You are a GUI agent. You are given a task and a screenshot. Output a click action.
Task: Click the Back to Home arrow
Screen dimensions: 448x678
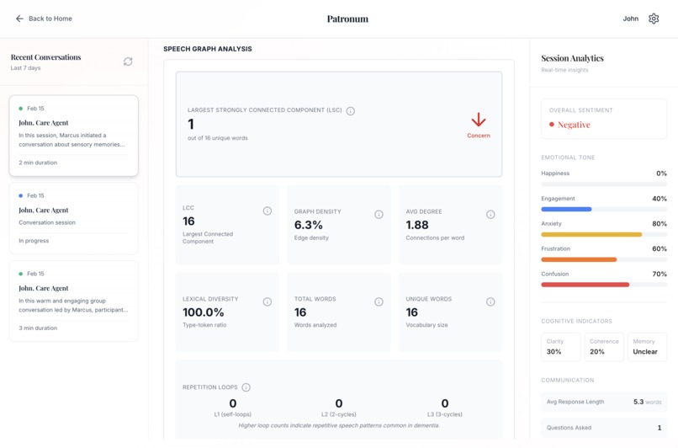pos(19,19)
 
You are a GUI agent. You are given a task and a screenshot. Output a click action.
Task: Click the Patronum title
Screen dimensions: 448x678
pos(347,19)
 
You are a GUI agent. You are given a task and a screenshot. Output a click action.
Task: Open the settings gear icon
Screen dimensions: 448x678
pos(654,19)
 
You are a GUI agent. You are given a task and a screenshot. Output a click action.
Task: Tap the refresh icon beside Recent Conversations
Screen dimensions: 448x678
pos(128,61)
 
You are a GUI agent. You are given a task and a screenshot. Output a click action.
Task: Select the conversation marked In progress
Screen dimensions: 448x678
pos(73,218)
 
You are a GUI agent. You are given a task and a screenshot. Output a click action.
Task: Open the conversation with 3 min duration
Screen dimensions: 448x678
pos(73,301)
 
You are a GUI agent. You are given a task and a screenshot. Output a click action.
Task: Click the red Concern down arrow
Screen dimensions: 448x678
pos(478,120)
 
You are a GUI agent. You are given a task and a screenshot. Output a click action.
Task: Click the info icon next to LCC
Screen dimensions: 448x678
pos(267,211)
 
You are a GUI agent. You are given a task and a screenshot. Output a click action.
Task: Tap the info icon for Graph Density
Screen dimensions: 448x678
pos(379,215)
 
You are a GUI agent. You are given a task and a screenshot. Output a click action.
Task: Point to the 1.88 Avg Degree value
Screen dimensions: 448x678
pos(417,225)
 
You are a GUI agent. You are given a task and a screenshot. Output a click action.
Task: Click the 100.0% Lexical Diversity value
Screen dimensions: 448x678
pos(204,312)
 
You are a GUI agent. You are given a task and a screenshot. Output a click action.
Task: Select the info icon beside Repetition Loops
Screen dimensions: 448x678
pos(246,387)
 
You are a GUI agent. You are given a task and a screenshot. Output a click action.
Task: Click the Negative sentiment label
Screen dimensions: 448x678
pos(574,125)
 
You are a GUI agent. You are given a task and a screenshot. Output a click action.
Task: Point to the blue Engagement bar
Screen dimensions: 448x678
pos(566,209)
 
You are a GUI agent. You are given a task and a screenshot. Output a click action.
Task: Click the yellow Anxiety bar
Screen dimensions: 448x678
pos(591,234)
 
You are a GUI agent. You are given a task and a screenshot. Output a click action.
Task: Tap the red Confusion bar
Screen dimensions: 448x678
pos(585,285)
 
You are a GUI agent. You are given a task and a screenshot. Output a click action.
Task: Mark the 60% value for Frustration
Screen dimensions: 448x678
pos(659,249)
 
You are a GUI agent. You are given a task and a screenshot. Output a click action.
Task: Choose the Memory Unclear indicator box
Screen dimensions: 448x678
pos(645,347)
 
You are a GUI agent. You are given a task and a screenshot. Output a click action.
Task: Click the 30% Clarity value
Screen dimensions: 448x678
pos(554,352)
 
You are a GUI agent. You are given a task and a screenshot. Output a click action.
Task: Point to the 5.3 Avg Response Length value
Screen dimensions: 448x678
pos(638,403)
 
